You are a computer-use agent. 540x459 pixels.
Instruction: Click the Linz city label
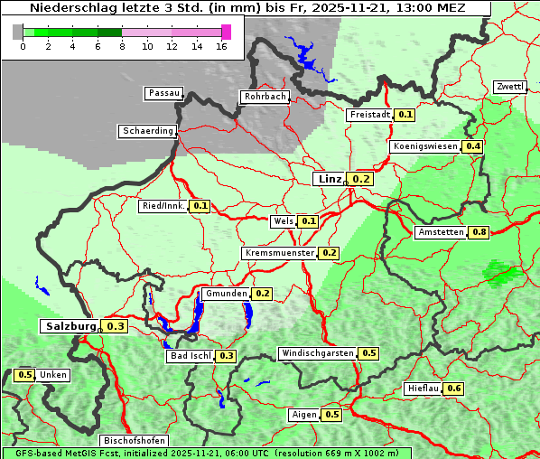[x=329, y=179]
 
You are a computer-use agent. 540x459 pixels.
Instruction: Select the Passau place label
[x=163, y=93]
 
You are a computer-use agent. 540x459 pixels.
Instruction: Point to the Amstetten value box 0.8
[x=479, y=232]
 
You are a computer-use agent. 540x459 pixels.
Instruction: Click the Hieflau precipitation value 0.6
[x=453, y=389]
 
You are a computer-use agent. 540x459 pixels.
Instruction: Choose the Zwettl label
[x=509, y=87]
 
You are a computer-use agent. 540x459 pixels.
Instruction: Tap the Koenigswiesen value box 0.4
[x=472, y=146]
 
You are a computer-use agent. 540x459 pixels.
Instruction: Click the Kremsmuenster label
[x=279, y=253]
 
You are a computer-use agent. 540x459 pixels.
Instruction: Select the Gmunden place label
[x=225, y=294]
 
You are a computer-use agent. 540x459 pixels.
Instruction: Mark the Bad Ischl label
[x=190, y=356]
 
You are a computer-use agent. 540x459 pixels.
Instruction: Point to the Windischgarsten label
[x=317, y=353]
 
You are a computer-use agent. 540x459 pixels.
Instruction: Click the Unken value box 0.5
[x=24, y=375]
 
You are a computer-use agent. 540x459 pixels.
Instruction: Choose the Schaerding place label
[x=147, y=131]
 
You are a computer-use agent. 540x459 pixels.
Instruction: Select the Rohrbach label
[x=264, y=97]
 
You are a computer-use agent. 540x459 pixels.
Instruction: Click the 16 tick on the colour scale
[x=222, y=45]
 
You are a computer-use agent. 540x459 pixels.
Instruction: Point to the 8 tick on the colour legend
[x=122, y=45]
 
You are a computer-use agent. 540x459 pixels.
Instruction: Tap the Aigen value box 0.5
[x=331, y=415]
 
